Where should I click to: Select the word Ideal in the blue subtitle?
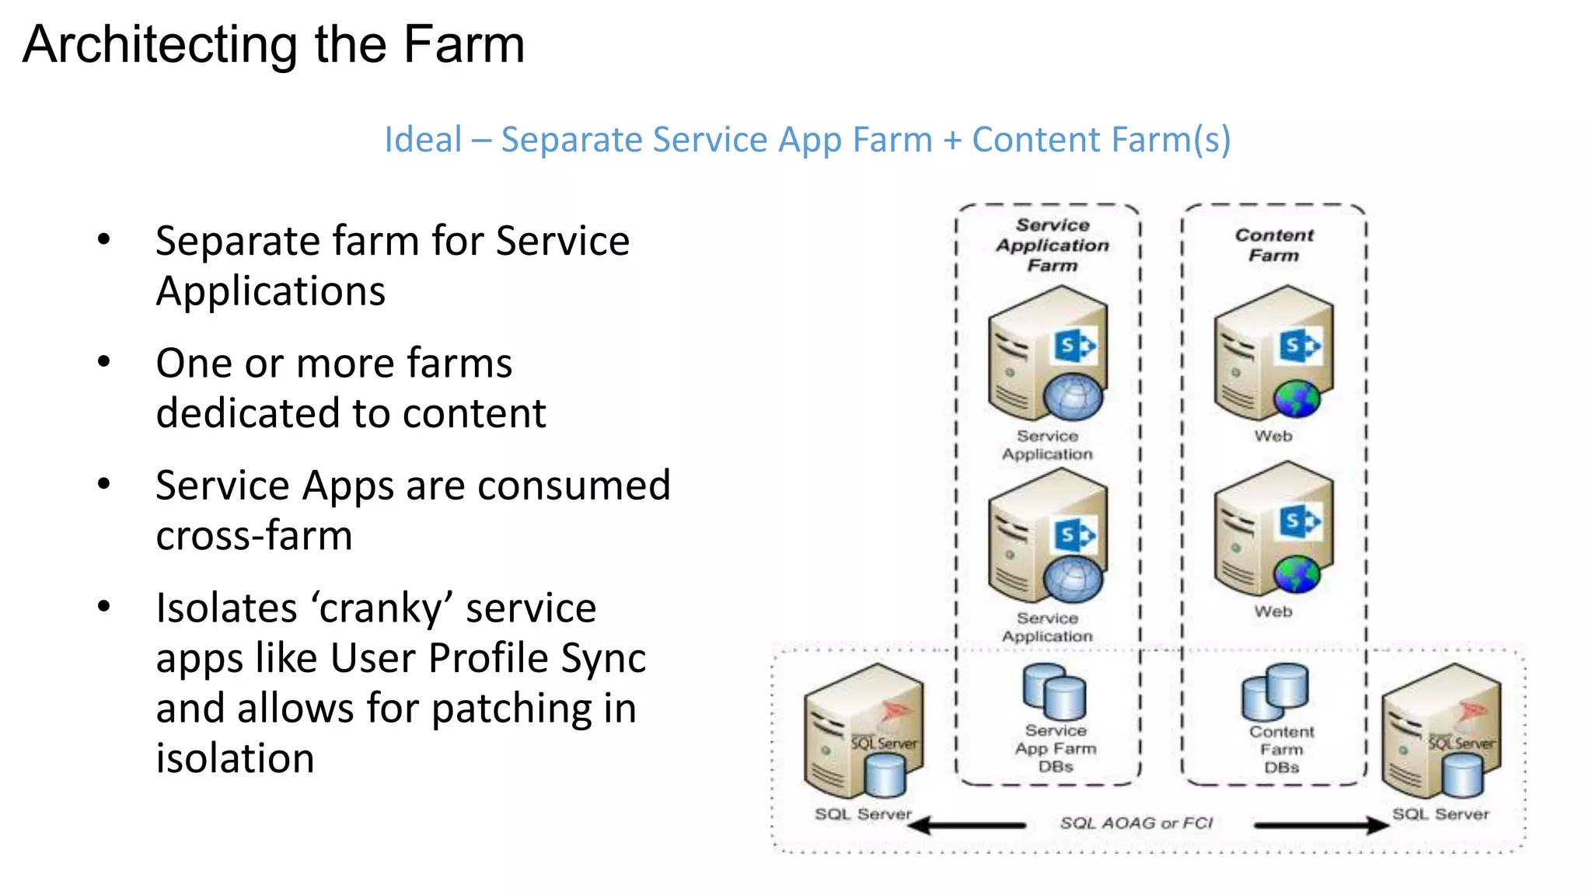point(423,141)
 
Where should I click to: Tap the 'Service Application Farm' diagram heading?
point(1053,245)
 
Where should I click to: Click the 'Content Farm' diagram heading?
point(1274,245)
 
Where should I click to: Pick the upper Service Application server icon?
point(1047,353)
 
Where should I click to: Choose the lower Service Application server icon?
point(1047,536)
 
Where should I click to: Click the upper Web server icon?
point(1273,353)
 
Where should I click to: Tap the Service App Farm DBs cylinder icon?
point(1054,691)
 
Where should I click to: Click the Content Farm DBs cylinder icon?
point(1276,691)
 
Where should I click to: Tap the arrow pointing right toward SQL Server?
point(1321,825)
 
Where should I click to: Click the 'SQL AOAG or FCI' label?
point(1136,823)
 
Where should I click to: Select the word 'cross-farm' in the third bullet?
point(254,536)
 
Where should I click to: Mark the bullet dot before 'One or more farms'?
point(104,362)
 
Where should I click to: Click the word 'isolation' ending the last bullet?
point(235,758)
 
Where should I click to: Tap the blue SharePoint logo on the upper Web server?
point(1298,345)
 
